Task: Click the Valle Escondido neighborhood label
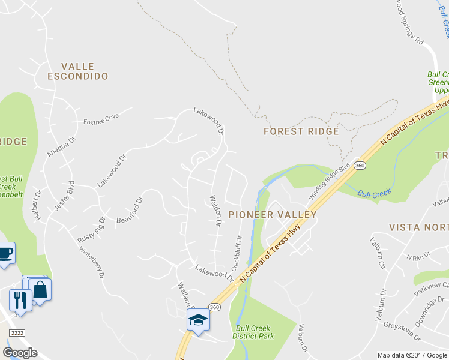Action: (79, 71)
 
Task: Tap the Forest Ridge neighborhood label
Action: (301, 131)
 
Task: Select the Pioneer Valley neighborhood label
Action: (272, 214)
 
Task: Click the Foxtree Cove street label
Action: (101, 118)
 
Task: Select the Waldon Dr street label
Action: (215, 210)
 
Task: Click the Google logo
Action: (20, 353)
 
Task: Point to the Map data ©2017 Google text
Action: (412, 355)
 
